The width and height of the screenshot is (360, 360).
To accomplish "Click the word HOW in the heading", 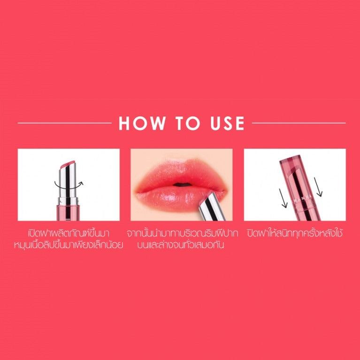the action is coord(142,123).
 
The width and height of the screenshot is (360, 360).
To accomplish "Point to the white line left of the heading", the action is coord(64,123).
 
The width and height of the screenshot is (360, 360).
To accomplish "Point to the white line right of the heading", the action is coord(299,123).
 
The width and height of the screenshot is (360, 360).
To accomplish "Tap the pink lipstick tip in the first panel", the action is coord(67,164).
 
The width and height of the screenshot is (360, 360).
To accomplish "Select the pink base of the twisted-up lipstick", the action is coord(68,213).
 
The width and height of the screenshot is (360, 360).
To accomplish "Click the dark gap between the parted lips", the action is coord(182,184).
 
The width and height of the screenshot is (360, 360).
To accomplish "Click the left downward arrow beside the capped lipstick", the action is coord(283,198).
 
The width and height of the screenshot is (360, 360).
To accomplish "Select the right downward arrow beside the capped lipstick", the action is coord(318,187).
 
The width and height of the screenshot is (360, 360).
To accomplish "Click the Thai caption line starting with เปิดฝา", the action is coord(69,234).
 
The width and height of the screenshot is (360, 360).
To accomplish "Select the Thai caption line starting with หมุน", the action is coord(69,245).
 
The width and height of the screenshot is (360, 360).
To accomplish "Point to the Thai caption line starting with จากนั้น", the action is coord(182,234).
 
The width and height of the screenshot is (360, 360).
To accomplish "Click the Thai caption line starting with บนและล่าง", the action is coord(181,245).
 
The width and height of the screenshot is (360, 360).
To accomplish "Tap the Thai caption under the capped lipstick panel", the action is coord(295,234).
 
